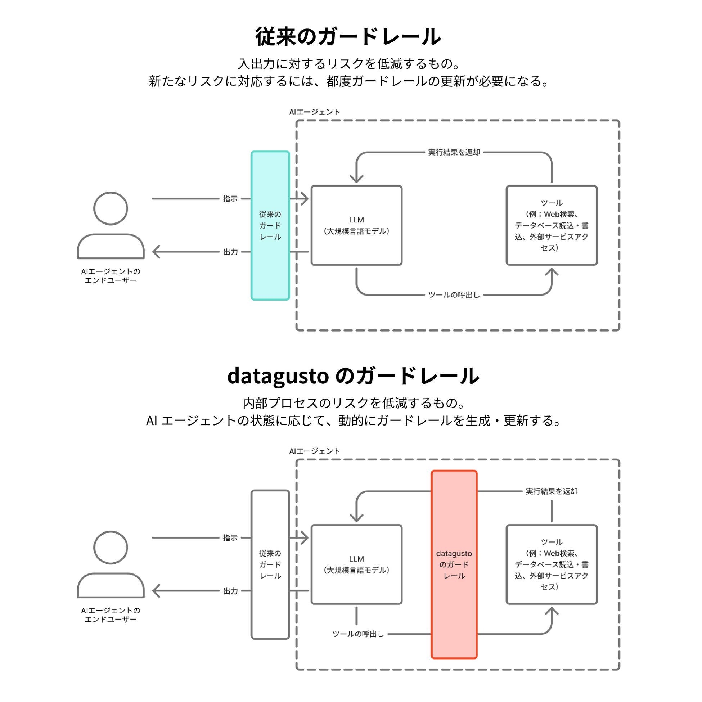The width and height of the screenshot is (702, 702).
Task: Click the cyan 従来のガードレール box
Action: pyautogui.click(x=270, y=225)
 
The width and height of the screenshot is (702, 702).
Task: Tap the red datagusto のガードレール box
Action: pyautogui.click(x=454, y=564)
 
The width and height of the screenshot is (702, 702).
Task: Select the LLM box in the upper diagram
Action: pyautogui.click(x=356, y=225)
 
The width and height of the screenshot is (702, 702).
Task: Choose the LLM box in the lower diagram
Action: pyautogui.click(x=356, y=564)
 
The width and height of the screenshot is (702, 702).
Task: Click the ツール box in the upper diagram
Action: pyautogui.click(x=552, y=225)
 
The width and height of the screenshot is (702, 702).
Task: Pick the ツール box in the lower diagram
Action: pyautogui.click(x=552, y=564)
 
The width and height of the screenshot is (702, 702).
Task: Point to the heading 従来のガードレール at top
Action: pyautogui.click(x=348, y=37)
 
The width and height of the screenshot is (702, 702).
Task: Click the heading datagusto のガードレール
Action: pyautogui.click(x=353, y=376)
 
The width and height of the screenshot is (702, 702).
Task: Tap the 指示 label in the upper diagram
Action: pyautogui.click(x=230, y=199)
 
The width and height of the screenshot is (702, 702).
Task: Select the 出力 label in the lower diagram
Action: pyautogui.click(x=230, y=591)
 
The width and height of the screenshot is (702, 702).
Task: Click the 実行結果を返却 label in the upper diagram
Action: pyautogui.click(x=454, y=152)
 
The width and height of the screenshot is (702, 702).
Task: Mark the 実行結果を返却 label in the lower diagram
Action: pyautogui.click(x=552, y=491)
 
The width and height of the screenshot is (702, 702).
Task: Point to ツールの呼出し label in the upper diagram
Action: pyautogui.click(x=454, y=295)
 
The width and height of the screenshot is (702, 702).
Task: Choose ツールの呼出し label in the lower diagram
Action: pyautogui.click(x=358, y=634)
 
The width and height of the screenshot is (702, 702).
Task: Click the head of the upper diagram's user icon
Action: pyautogui.click(x=111, y=208)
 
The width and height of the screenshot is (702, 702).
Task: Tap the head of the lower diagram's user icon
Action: pyautogui.click(x=111, y=548)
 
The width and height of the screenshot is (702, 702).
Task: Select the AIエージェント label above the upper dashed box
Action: pyautogui.click(x=314, y=112)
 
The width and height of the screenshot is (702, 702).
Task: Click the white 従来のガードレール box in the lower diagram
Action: pyautogui.click(x=270, y=564)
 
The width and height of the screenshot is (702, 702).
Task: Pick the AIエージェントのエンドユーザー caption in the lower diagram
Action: pyautogui.click(x=111, y=615)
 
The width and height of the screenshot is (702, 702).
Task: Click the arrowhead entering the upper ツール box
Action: pyautogui.click(x=552, y=271)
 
